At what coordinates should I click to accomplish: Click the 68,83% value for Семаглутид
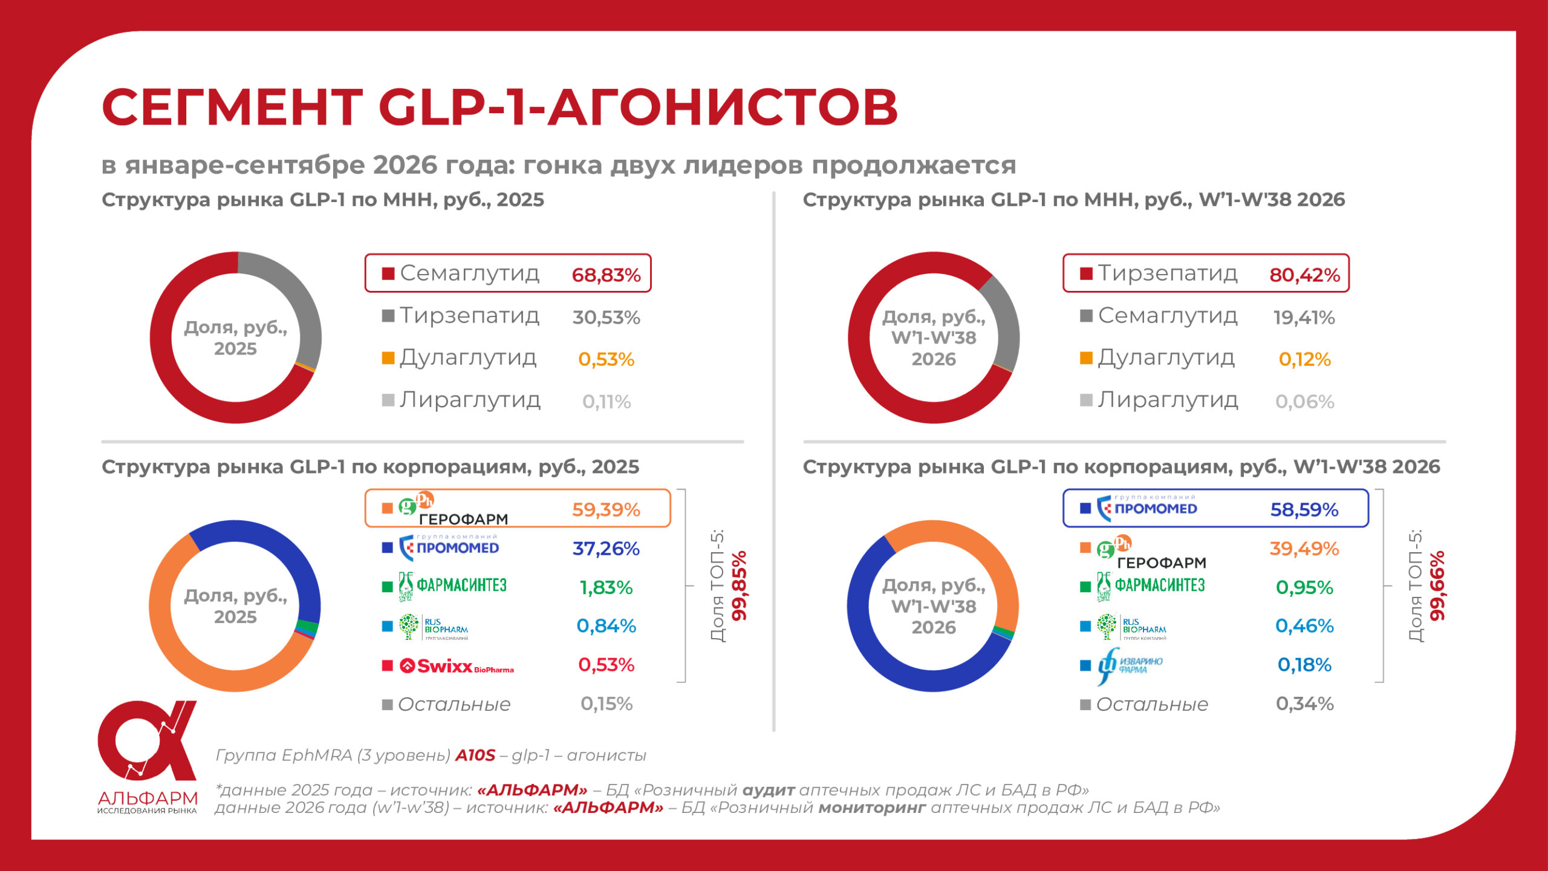pyautogui.click(x=606, y=275)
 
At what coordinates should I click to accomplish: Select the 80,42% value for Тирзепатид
pyautogui.click(x=1304, y=275)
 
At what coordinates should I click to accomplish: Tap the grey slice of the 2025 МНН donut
pyautogui.click(x=296, y=302)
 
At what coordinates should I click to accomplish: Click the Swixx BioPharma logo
pyautogui.click(x=457, y=666)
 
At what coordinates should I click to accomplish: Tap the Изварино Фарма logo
pyautogui.click(x=1130, y=665)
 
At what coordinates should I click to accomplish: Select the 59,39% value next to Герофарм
pyautogui.click(x=606, y=510)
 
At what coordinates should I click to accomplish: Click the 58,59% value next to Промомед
pyautogui.click(x=1304, y=510)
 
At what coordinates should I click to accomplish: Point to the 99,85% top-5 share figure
pyautogui.click(x=739, y=586)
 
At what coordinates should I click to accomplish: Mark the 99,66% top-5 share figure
pyautogui.click(x=1437, y=586)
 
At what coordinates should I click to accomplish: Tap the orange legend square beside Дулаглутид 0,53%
pyautogui.click(x=388, y=358)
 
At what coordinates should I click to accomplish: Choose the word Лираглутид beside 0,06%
pyautogui.click(x=1168, y=400)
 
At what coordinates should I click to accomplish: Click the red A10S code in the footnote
pyautogui.click(x=475, y=755)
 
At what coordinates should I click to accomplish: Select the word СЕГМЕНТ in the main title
pyautogui.click(x=232, y=106)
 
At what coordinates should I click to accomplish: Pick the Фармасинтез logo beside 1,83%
pyautogui.click(x=452, y=586)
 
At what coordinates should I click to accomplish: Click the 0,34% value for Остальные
pyautogui.click(x=1304, y=703)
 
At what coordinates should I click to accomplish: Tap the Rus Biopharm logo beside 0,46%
pyautogui.click(x=1131, y=627)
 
